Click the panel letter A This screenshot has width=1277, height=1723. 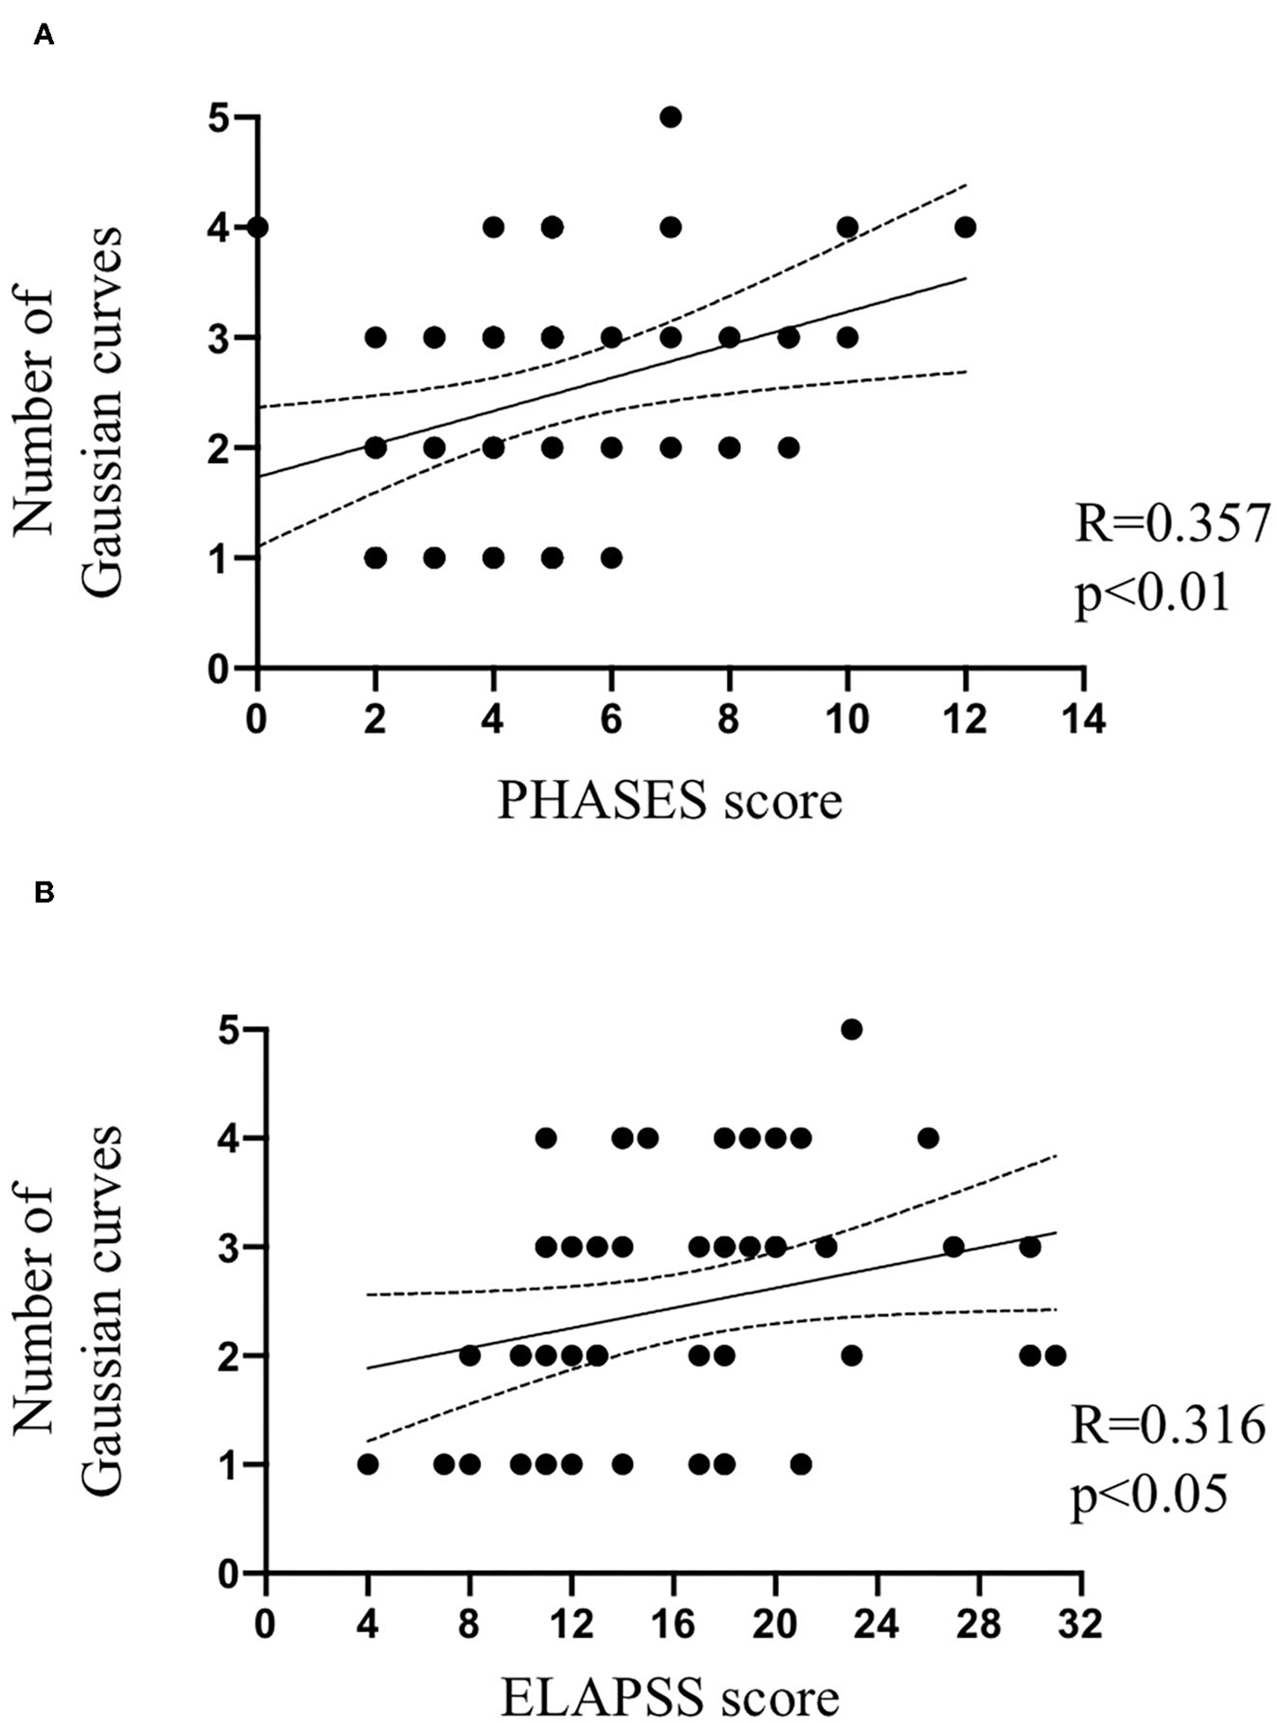[43, 36]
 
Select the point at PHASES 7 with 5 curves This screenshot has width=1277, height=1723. [670, 117]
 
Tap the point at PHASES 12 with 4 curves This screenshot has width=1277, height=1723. [965, 227]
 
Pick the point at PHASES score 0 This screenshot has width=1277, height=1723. [258, 227]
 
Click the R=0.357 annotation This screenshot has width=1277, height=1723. [1173, 523]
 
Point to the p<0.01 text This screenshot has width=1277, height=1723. [1153, 594]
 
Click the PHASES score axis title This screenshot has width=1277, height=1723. [670, 800]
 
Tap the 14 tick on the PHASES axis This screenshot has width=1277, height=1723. [1083, 720]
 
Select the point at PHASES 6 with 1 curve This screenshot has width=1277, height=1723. [611, 558]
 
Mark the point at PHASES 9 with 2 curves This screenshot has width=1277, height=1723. [788, 448]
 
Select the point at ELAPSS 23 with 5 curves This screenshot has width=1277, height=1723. [851, 1029]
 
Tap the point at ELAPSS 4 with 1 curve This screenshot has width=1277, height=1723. [367, 1465]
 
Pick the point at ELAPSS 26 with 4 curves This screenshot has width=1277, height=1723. [928, 1138]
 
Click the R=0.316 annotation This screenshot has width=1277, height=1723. [1168, 1426]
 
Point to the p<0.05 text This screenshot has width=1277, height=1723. [1149, 1495]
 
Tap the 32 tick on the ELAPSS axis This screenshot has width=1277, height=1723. [1081, 1625]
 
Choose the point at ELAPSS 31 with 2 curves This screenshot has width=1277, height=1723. [1055, 1355]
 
